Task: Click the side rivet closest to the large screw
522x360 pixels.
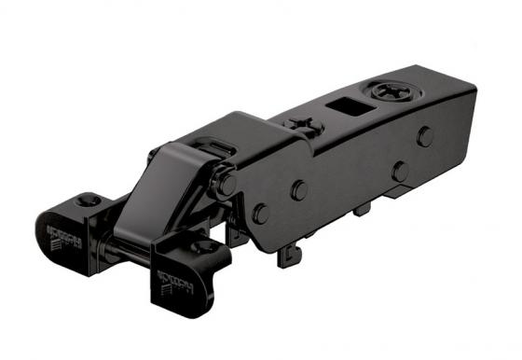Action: click(x=425, y=135)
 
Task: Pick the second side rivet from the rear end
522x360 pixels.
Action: click(x=400, y=171)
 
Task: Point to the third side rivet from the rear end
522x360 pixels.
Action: click(x=299, y=189)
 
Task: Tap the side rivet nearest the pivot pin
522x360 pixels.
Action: click(x=261, y=213)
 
